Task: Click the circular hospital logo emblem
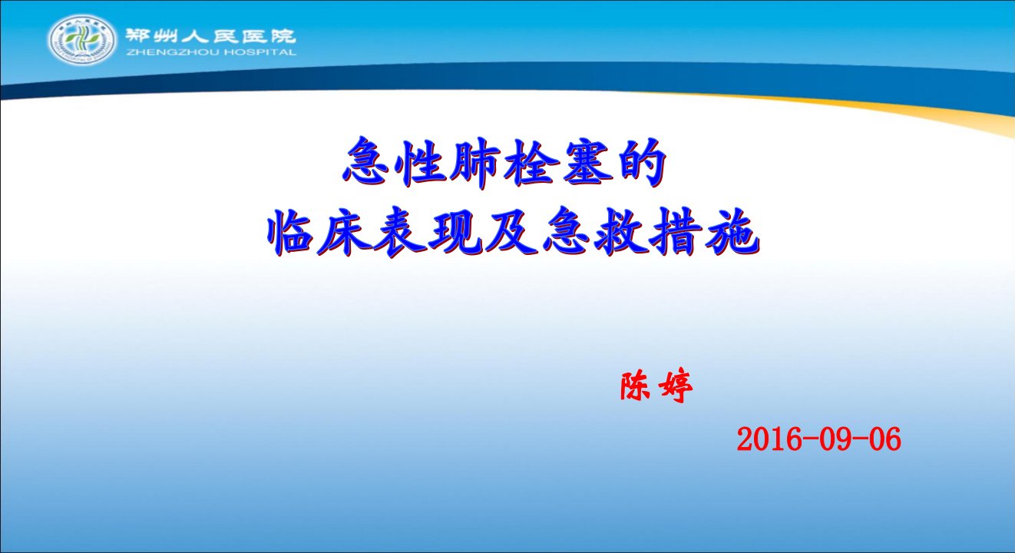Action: (82, 40)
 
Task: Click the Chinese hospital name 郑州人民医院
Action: (210, 35)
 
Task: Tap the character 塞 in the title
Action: (586, 163)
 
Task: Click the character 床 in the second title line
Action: (345, 233)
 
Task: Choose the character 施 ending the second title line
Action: (731, 233)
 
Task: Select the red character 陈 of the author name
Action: (636, 386)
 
